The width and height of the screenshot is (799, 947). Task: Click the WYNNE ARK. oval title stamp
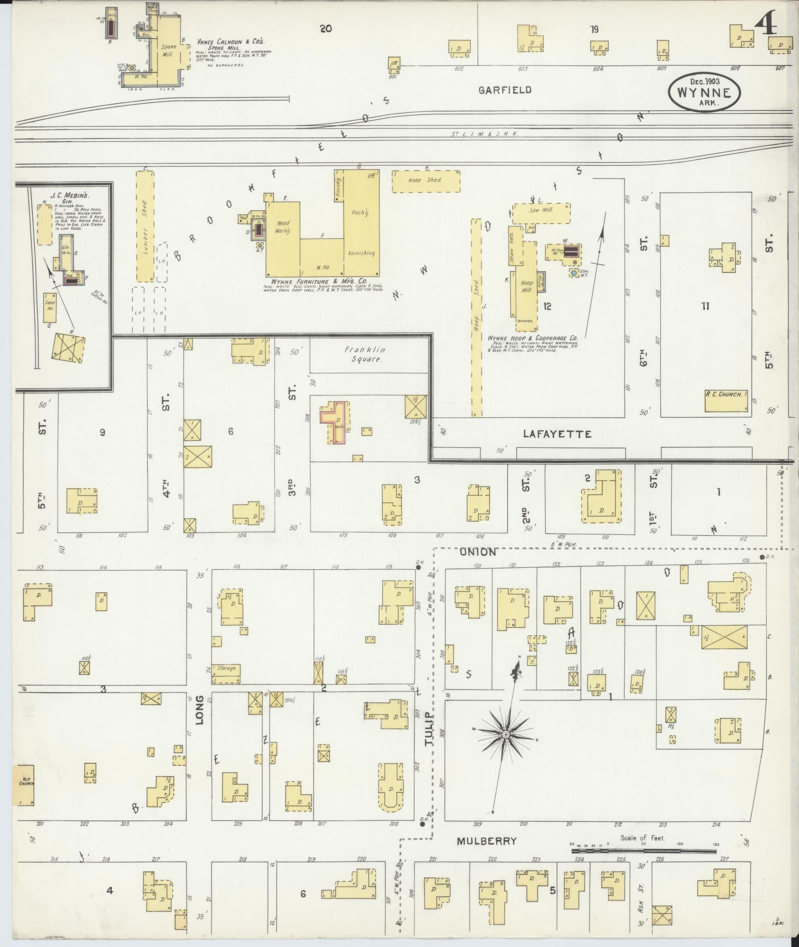(x=704, y=93)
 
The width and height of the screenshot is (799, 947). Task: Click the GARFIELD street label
(x=505, y=90)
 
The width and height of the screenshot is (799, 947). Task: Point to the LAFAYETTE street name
(x=557, y=434)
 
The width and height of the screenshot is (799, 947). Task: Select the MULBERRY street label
(x=486, y=841)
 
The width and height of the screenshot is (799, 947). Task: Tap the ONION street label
(x=478, y=552)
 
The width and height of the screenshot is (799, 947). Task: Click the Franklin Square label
(x=366, y=354)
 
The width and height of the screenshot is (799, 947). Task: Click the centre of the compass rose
(x=506, y=734)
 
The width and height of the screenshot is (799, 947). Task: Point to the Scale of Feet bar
(x=643, y=851)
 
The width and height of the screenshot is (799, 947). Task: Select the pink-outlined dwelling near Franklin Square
(x=335, y=421)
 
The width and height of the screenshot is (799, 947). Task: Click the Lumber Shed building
(x=145, y=226)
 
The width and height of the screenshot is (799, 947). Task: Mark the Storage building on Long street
(x=226, y=668)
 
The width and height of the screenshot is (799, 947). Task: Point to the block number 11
(x=705, y=306)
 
